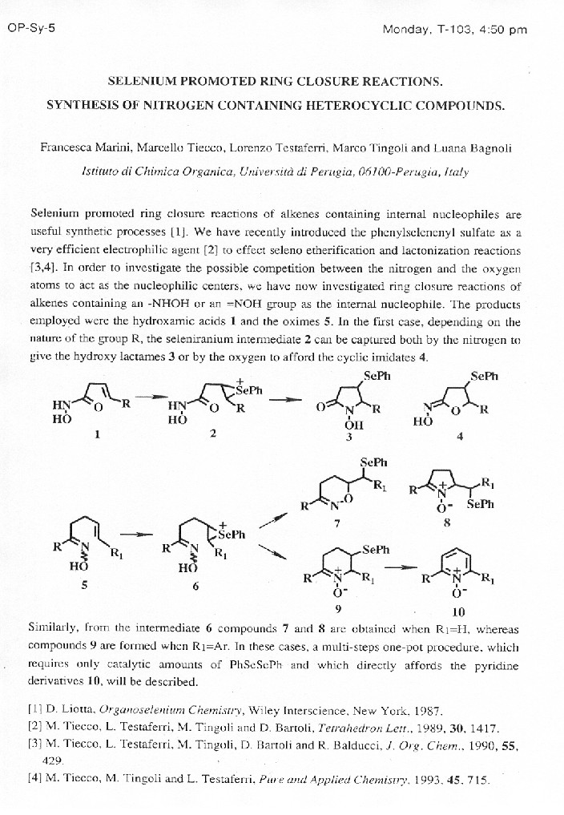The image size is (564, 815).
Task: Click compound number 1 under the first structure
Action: point(98,434)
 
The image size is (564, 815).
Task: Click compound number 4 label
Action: point(458,437)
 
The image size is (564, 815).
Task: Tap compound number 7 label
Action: point(337,524)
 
